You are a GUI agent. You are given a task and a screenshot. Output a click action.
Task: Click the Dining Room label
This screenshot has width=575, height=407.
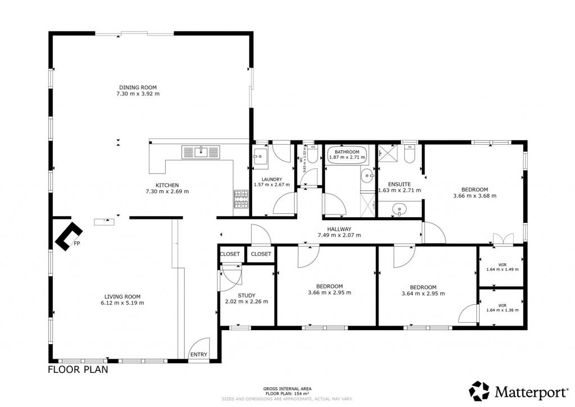tap(138, 87)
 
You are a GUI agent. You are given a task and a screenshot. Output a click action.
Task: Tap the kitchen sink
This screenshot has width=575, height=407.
tap(201, 152)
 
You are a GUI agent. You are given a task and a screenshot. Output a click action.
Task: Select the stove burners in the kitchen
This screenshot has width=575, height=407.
tap(241, 199)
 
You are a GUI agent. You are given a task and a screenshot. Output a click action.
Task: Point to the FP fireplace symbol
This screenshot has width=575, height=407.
tap(69, 236)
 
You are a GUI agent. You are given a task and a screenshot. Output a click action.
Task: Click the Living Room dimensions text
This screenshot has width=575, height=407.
tap(122, 303)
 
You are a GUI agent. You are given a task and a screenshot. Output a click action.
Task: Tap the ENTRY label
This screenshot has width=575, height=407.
tap(199, 355)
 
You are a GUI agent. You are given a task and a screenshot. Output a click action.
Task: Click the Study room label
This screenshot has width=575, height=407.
tap(247, 295)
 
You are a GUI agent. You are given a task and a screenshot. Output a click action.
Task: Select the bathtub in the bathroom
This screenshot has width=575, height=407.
tap(347, 155)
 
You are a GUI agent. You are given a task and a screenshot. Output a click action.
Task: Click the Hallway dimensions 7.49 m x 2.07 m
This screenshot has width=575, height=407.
tap(339, 235)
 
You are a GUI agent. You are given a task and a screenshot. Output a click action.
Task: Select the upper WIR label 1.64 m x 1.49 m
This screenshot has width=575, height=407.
tap(503, 267)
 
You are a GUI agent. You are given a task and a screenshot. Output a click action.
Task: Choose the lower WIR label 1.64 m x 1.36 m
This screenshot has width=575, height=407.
tap(503, 308)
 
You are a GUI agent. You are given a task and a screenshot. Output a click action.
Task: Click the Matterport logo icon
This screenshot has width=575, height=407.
tap(480, 391)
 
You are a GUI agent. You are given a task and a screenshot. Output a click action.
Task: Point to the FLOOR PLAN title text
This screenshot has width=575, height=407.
tap(78, 369)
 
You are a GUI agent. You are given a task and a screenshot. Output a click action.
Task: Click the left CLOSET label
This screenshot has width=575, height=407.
tap(230, 254)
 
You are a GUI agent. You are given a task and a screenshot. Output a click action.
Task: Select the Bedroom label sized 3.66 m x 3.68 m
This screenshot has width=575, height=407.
tap(475, 193)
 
